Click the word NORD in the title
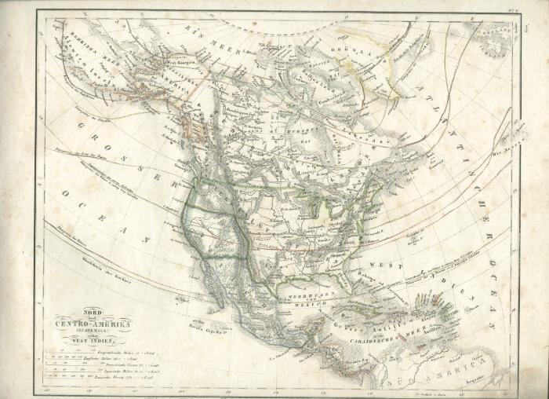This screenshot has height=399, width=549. [93, 313]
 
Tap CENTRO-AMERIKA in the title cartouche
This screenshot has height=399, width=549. [93, 324]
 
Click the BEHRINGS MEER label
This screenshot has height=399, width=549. [74, 43]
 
